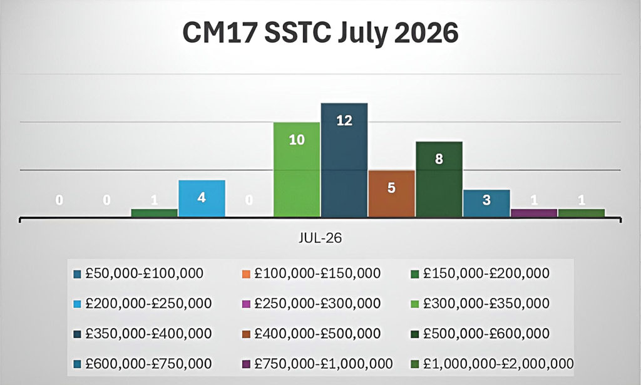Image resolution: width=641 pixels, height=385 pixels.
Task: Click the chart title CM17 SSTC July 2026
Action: [320, 33]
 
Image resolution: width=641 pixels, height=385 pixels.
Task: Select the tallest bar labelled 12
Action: [344, 160]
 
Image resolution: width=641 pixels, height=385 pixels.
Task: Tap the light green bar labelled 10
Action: [297, 169]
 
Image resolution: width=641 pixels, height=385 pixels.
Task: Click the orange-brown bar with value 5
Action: [392, 193]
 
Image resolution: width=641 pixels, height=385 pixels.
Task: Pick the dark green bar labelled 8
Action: [439, 179]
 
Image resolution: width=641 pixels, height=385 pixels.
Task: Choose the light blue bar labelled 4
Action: [202, 198]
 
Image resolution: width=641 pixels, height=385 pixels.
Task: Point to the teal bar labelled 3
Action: [486, 203]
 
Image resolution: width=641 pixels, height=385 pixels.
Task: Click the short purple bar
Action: [534, 212]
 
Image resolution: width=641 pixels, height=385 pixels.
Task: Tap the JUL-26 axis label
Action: [320, 239]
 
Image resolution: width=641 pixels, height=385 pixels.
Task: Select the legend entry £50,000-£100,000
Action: [138, 274]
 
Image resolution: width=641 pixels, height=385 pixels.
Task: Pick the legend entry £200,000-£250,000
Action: [143, 304]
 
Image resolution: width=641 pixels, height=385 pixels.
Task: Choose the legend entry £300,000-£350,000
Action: [480, 304]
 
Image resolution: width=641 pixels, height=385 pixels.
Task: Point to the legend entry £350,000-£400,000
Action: [143, 334]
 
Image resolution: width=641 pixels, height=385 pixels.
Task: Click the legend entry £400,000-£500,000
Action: [312, 334]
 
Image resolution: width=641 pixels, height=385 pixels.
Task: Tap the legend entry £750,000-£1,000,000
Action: [317, 364]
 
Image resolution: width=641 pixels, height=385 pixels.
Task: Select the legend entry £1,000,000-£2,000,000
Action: [492, 364]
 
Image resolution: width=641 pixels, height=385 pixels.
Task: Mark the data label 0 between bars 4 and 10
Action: [249, 200]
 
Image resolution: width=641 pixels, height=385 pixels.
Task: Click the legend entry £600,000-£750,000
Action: [143, 364]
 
